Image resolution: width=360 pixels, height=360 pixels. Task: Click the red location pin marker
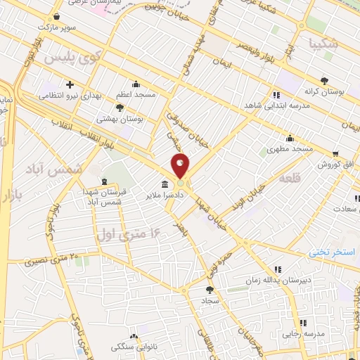click(180, 166)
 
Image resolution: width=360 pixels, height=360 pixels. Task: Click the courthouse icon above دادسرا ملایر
click(165, 185)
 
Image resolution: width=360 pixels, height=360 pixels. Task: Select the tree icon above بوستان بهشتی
click(120, 108)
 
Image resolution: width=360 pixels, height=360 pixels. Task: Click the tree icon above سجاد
click(209, 289)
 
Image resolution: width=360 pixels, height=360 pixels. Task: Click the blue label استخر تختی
click(333, 251)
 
